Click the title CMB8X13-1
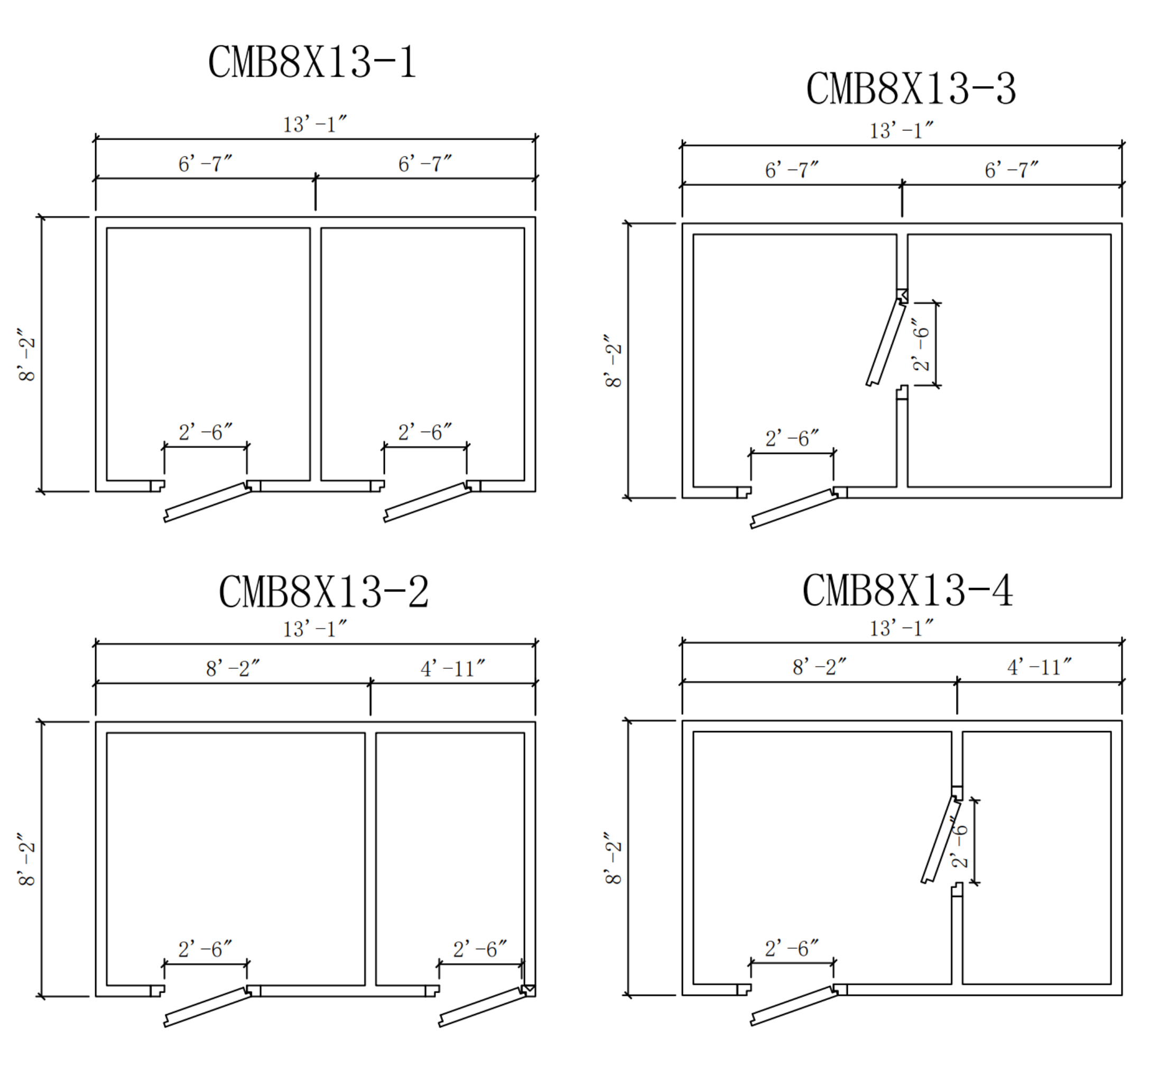pos(311,62)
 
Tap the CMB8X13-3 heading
pos(910,89)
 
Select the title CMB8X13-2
pos(323,591)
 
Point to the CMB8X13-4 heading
pos(907,590)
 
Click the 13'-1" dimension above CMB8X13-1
pos(314,125)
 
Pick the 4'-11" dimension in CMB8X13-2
pos(452,668)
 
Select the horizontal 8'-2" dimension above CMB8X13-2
pos(233,668)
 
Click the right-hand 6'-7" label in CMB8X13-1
pos(425,164)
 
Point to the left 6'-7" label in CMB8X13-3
pos(792,170)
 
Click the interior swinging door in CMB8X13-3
pos(885,342)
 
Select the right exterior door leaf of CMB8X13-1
pos(427,502)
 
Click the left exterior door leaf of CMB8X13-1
pos(208,502)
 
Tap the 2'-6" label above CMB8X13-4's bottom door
pos(792,948)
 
